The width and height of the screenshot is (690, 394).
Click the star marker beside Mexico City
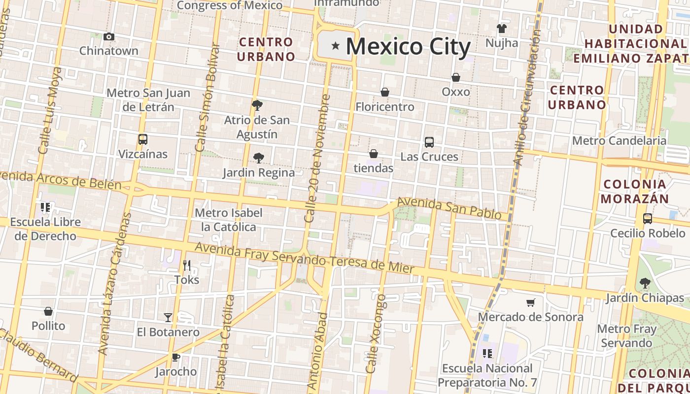336,46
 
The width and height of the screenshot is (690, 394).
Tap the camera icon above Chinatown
109,36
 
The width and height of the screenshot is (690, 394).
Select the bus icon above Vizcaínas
143,139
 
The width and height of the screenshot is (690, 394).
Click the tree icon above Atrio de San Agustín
257,105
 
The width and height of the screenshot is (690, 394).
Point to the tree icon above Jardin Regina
258,158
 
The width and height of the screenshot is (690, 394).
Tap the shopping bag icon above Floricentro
385,92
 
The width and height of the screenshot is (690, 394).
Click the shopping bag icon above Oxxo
456,77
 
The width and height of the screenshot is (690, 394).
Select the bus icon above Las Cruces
429,142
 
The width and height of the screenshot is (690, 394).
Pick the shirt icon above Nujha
502,29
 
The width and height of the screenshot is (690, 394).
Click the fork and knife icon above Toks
187,265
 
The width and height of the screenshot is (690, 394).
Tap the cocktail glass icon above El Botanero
168,318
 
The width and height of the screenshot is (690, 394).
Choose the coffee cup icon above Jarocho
176,357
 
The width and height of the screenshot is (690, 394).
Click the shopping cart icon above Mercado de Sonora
531,302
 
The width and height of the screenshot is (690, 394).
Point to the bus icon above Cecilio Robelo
648,218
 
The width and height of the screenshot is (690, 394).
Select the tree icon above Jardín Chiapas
645,283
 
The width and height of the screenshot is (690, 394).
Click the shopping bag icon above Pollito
48,311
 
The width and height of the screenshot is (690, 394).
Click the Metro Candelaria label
619,141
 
